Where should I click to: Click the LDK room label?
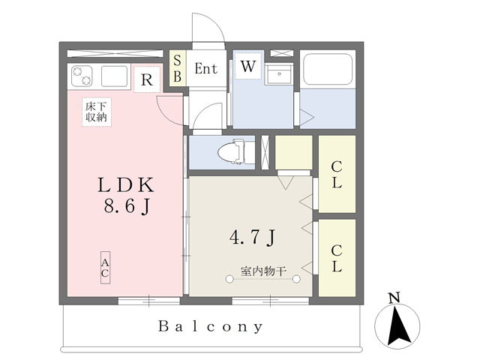(126, 185)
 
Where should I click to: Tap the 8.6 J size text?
(127, 205)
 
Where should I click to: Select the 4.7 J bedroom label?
(253, 237)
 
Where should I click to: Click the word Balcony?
(210, 327)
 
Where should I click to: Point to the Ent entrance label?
(206, 68)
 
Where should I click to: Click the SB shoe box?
(178, 68)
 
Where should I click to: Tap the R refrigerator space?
(147, 79)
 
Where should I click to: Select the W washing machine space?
(248, 66)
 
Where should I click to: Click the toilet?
(236, 151)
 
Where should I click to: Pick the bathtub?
(328, 70)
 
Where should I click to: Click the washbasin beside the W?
(279, 73)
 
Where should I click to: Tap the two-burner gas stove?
(82, 76)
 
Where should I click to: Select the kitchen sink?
(114, 76)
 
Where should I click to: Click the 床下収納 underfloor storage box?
(97, 112)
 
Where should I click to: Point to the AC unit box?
(105, 268)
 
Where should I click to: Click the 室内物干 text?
(263, 271)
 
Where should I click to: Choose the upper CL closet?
(337, 174)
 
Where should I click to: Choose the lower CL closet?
(337, 258)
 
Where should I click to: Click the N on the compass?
(394, 298)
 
